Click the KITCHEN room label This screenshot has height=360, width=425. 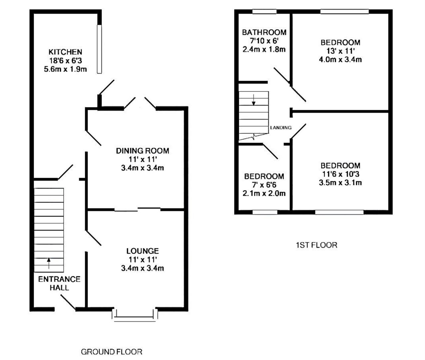pos(65,52)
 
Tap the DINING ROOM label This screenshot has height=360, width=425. pos(142,151)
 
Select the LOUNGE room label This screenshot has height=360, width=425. pos(142,251)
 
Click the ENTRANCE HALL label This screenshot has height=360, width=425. pos(59,283)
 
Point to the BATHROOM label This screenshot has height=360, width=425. pos(264,32)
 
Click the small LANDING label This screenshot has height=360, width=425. pos(281,128)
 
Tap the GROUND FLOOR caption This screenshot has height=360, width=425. pos(112,352)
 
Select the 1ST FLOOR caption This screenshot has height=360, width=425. pos(316,245)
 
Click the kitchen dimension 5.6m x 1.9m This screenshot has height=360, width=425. pos(65,69)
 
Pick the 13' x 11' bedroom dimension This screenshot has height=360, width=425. pos(340,51)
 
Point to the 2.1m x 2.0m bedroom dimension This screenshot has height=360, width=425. pos(264,193)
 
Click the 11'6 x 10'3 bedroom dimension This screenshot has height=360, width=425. pos(340,174)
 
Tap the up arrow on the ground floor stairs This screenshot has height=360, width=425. pos(49,263)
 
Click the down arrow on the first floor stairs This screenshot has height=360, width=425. pos(253,100)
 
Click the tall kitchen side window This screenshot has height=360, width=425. pos(99,49)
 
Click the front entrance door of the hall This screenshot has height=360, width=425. pos(68,303)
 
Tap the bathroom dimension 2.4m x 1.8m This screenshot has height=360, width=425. pos(264,49)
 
